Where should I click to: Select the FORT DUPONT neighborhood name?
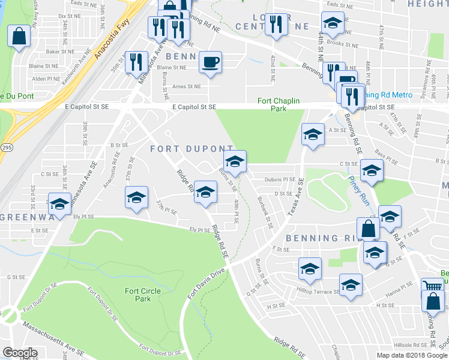coord(191,148)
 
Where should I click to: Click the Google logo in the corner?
coord(20,352)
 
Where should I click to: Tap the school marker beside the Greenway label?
coord(60,203)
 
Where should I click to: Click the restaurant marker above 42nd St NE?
coord(276,25)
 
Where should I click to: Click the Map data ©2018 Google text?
coord(412,355)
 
